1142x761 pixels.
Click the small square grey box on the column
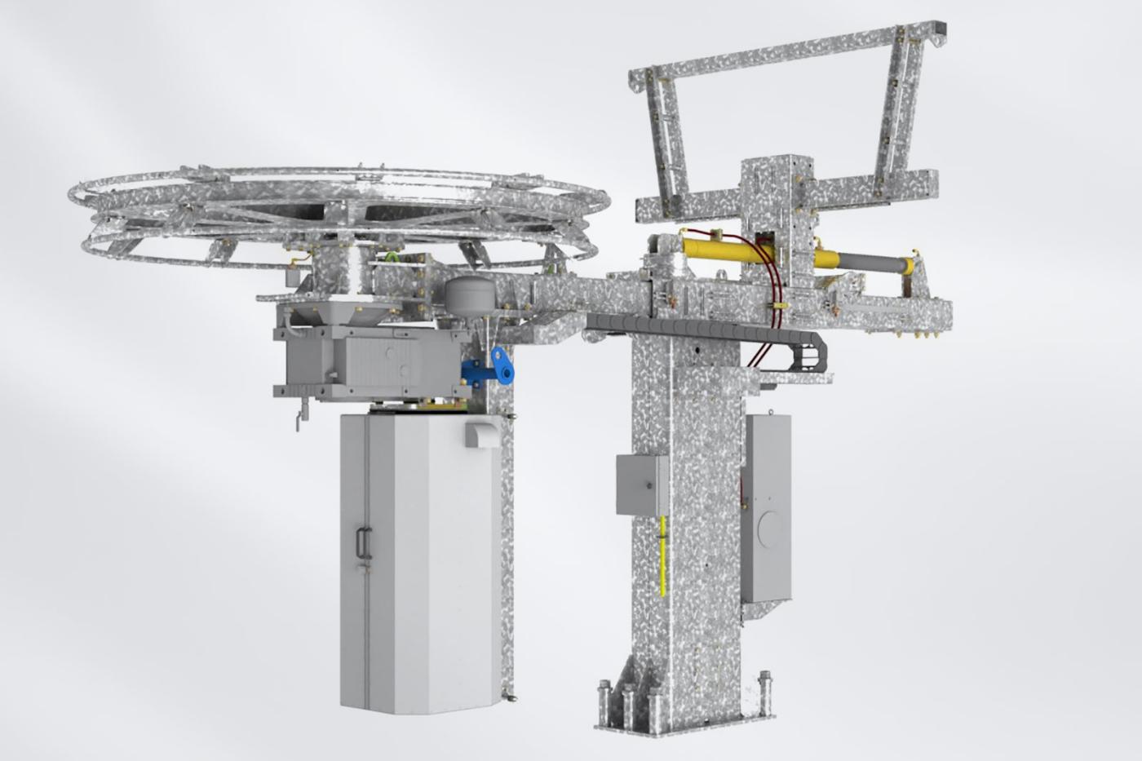click(x=641, y=485)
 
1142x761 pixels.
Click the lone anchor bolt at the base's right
click(x=766, y=682)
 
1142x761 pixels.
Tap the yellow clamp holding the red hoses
click(x=777, y=307)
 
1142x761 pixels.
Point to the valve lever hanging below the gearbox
click(x=297, y=420)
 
